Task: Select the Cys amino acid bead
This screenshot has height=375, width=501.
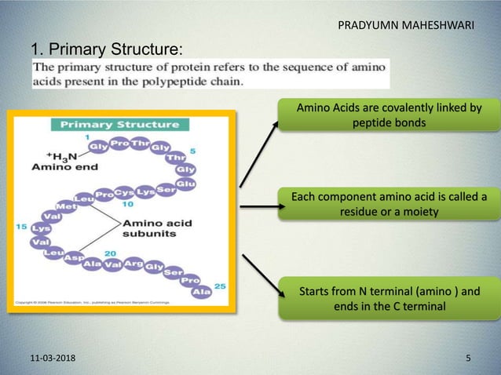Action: pyautogui.click(x=124, y=191)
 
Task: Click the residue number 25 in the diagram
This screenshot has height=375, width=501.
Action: pyautogui.click(x=220, y=286)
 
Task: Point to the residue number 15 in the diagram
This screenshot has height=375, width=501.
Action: pyautogui.click(x=21, y=226)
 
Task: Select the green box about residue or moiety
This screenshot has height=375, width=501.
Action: pyautogui.click(x=388, y=205)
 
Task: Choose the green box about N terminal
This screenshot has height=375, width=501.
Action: pyautogui.click(x=388, y=299)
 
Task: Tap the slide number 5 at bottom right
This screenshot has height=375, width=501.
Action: pyautogui.click(x=468, y=359)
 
